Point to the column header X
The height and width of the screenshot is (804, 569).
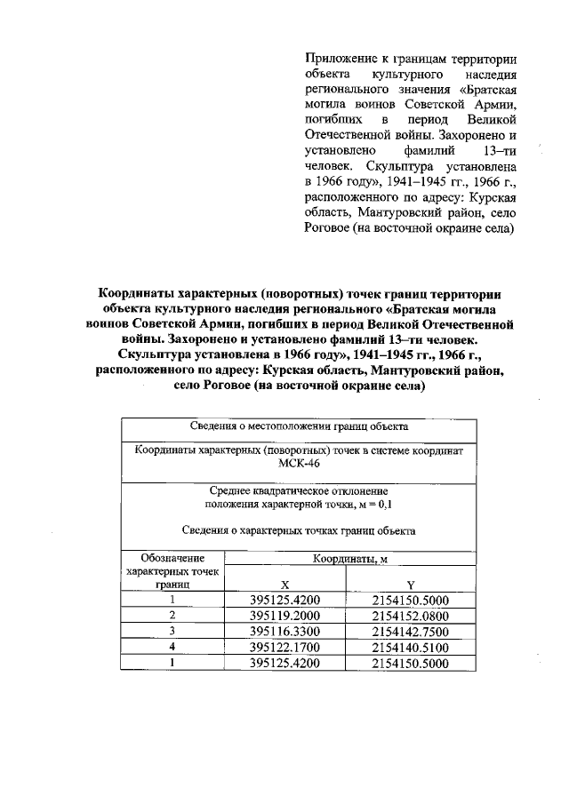pos(284,585)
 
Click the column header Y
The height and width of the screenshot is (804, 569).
pos(410,585)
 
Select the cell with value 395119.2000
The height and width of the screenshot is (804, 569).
pos(284,616)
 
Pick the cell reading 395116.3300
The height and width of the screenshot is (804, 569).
pos(284,632)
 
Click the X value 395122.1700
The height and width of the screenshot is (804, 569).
pos(284,648)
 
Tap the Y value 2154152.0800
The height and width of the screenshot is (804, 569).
pos(410,616)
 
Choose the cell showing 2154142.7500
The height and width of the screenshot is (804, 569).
pos(410,632)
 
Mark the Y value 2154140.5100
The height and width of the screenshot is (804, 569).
pos(410,648)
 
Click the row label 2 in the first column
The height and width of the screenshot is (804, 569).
pos(172,615)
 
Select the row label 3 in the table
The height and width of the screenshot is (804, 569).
pos(172,631)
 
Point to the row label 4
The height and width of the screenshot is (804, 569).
pos(172,647)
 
